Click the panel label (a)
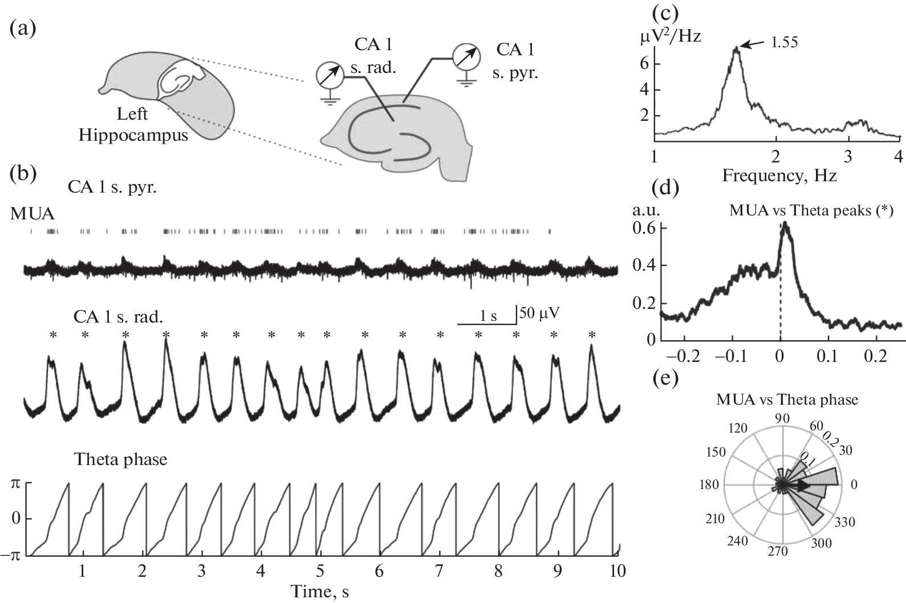tap(23, 28)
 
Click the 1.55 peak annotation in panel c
tap(783, 42)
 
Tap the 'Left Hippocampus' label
tap(133, 125)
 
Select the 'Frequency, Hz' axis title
tap(779, 176)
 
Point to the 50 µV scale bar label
tap(539, 313)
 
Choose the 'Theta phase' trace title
tap(121, 459)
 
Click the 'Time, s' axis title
tap(319, 592)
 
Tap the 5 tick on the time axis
tap(320, 571)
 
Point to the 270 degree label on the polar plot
tap(778, 552)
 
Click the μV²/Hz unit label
tap(670, 38)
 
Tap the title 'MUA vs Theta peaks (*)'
tap(811, 210)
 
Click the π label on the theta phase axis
tap(16, 483)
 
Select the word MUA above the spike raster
tap(32, 214)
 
